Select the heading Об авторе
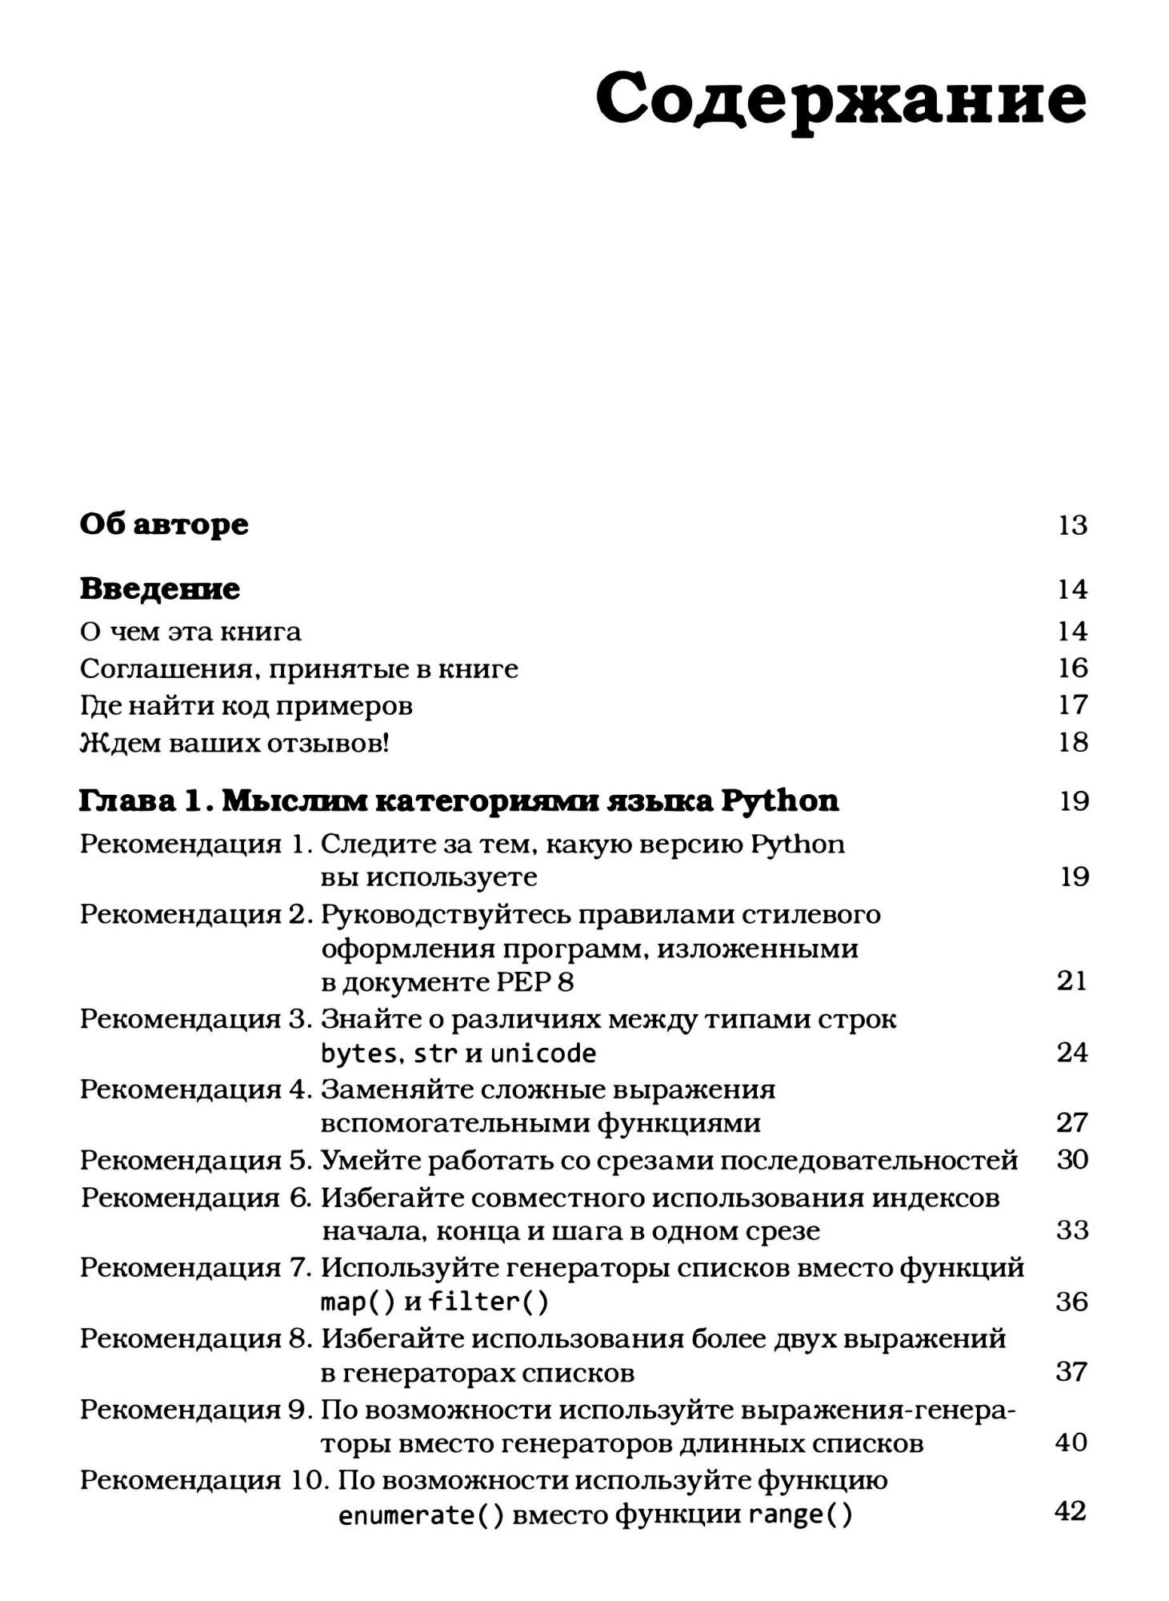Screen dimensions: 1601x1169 (164, 524)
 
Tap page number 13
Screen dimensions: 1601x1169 (1072, 525)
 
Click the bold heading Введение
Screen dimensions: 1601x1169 (160, 589)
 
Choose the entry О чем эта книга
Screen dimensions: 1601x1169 (190, 632)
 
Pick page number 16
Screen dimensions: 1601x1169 (1072, 668)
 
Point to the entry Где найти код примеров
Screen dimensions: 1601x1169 (246, 705)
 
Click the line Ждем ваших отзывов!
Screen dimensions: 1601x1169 (234, 743)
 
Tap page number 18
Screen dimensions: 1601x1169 (1072, 742)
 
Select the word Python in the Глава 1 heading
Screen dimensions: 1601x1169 (779, 800)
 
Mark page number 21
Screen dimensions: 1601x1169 (1072, 981)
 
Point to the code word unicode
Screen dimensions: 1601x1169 (542, 1053)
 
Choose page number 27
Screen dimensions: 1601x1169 (1072, 1122)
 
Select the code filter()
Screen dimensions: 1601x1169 (488, 1302)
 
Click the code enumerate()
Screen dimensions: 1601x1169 (421, 1515)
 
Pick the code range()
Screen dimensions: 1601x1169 (800, 1515)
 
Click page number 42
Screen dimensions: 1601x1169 (1071, 1511)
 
